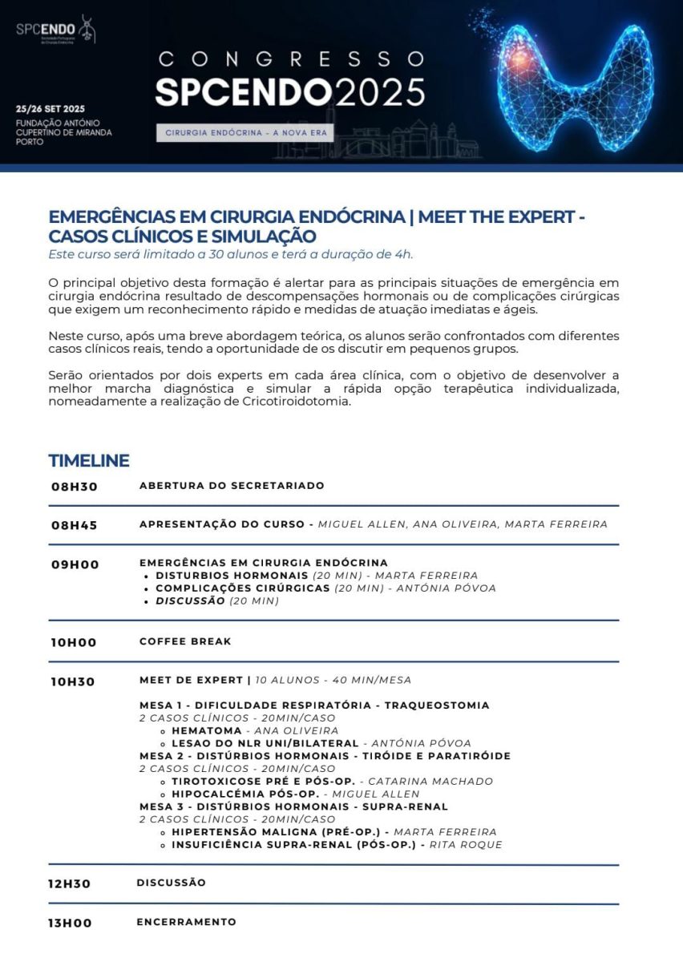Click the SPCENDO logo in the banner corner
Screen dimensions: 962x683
tap(55, 30)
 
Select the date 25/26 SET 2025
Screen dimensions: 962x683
tap(51, 109)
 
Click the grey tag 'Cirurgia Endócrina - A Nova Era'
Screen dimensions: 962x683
tap(245, 132)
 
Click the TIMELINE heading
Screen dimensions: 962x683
tap(89, 461)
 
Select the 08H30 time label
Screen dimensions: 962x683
tap(75, 487)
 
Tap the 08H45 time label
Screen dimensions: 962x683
tap(75, 526)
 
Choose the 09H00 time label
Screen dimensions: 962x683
tap(75, 564)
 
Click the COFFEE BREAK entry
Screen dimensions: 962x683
tap(185, 641)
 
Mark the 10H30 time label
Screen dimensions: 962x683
tap(73, 682)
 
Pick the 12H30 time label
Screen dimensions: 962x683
tap(70, 884)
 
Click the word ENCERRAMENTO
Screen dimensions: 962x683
tap(186, 922)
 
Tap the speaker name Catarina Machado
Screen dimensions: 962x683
tap(430, 782)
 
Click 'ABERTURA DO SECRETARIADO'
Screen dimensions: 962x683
tap(232, 486)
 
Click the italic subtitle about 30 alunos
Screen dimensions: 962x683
tap(230, 255)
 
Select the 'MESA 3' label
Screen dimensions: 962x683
tap(160, 806)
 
